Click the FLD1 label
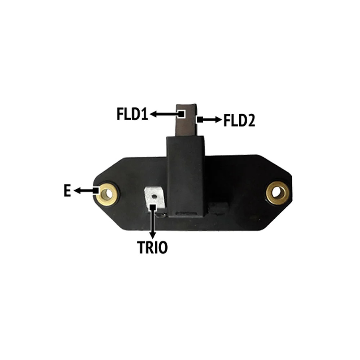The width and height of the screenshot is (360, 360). click(x=132, y=114)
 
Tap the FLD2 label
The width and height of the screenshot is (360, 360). click(x=239, y=120)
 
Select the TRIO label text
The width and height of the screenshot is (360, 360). click(x=152, y=247)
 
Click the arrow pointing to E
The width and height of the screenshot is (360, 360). click(x=84, y=190)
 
